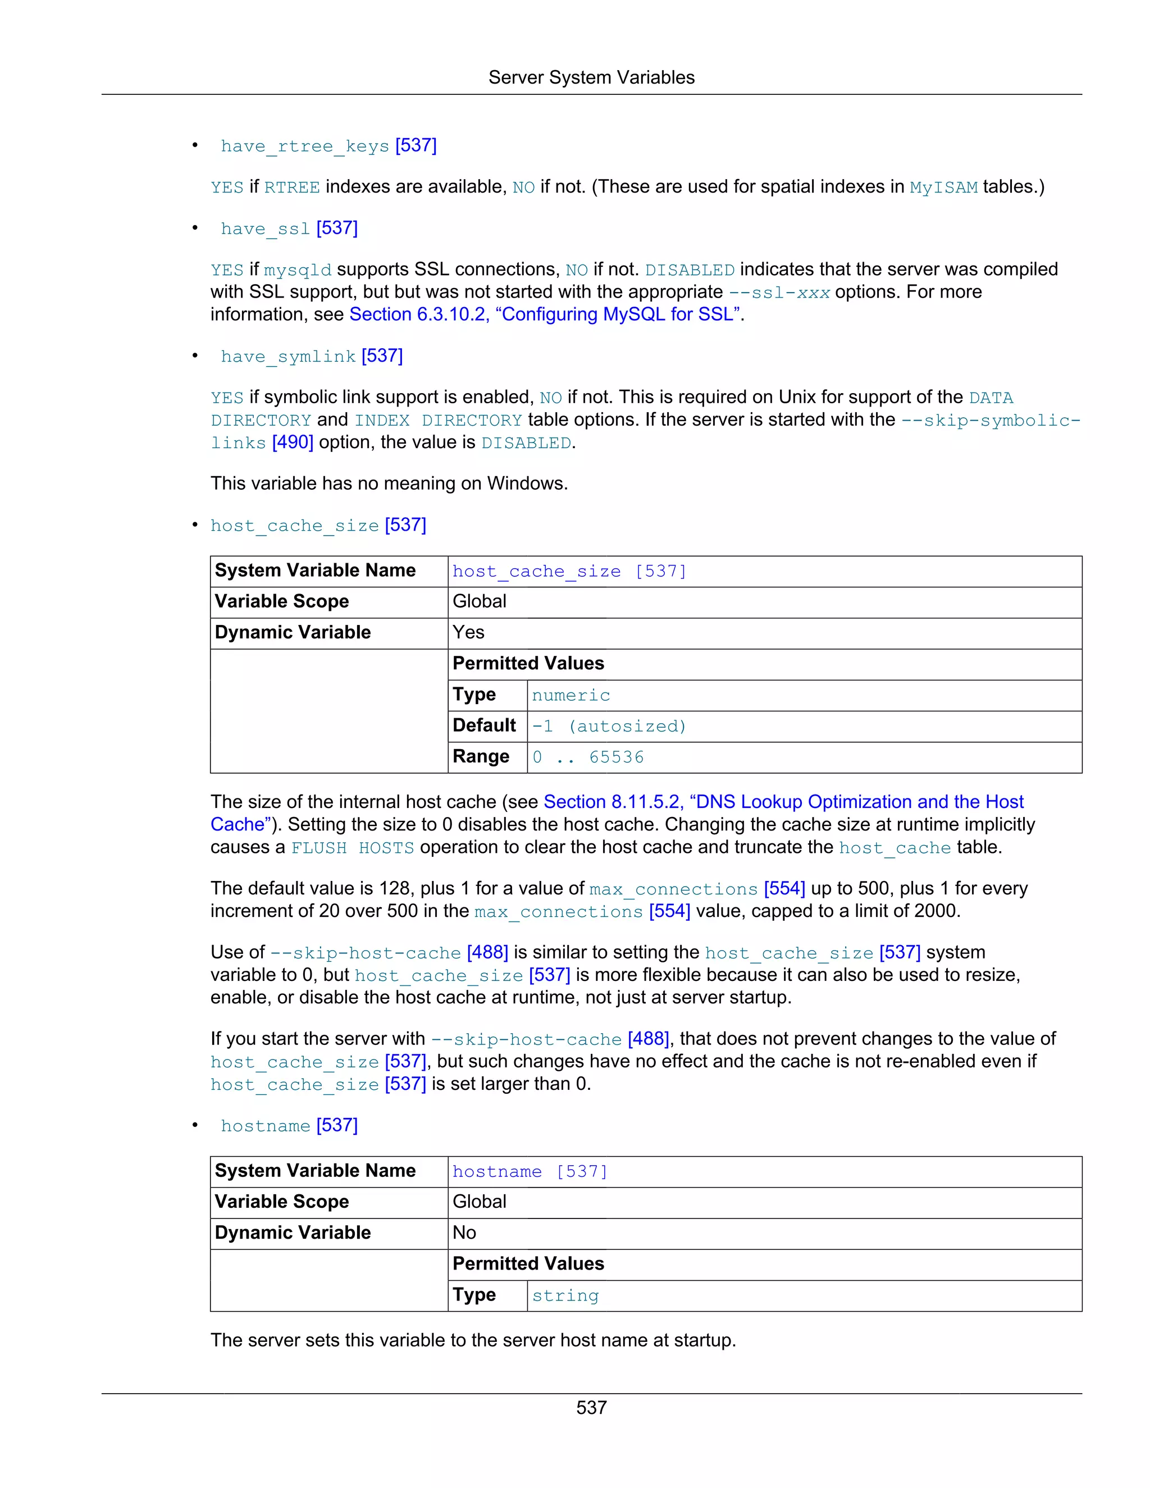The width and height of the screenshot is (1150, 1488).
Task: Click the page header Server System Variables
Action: point(591,77)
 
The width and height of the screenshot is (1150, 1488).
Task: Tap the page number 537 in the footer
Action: point(591,1408)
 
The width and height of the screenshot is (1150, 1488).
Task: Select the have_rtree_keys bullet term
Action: point(304,146)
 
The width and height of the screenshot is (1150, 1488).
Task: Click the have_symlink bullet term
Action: point(287,357)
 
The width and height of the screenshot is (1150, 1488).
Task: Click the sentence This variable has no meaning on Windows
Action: point(389,483)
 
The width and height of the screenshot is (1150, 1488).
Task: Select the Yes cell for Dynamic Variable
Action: point(469,632)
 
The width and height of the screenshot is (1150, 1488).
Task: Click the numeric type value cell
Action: point(571,695)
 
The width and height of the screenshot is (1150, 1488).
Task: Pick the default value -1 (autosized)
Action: point(608,726)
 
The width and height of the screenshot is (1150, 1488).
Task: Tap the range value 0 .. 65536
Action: point(587,757)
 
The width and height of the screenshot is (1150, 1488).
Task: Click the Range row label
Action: point(481,757)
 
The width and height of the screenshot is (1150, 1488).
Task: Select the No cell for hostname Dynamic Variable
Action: point(464,1233)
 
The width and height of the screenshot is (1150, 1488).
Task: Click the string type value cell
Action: point(565,1295)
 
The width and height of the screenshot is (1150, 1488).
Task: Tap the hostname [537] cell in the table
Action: point(530,1171)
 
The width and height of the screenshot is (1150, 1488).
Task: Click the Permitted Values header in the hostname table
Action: point(528,1264)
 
